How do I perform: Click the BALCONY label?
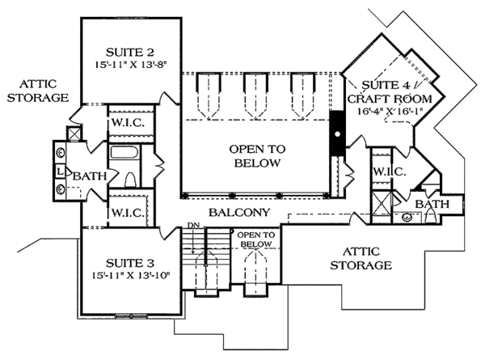tap(234, 213)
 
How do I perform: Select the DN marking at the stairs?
tap(193, 224)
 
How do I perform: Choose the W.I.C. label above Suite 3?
tap(126, 212)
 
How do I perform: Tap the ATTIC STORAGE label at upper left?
tap(37, 91)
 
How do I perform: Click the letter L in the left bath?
tap(61, 172)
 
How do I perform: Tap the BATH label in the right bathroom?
tap(432, 204)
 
